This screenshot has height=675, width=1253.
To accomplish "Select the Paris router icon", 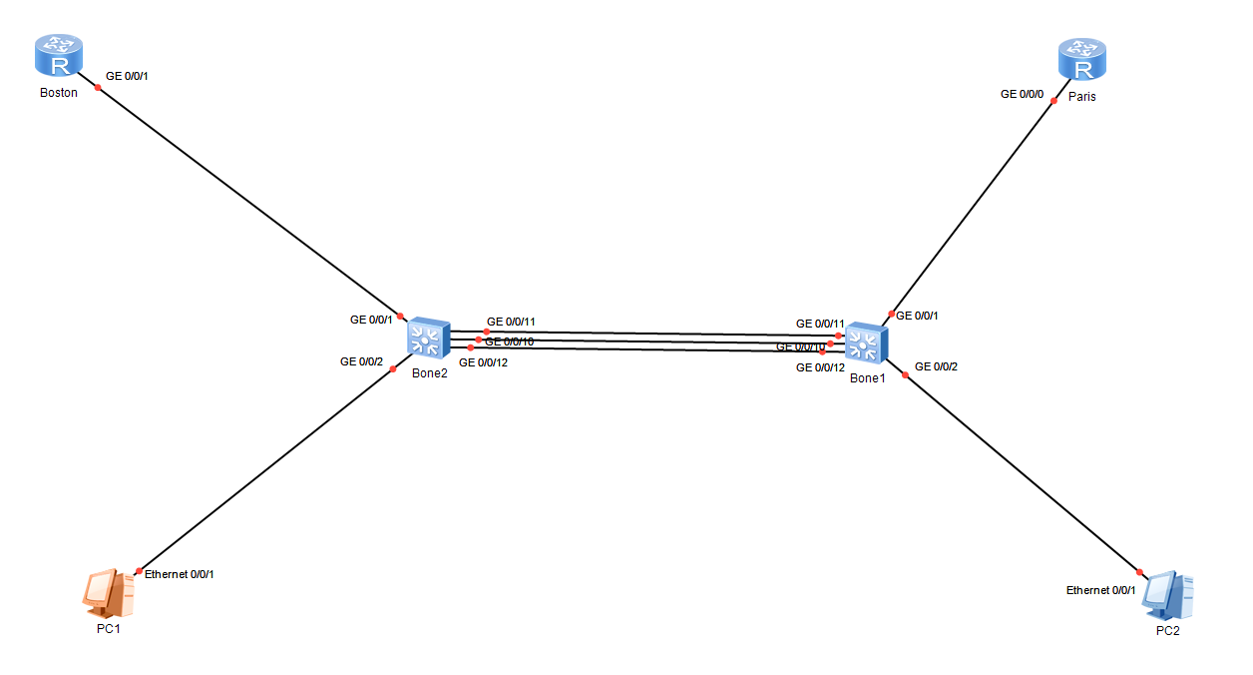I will click(1082, 60).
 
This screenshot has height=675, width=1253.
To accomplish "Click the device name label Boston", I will click(58, 93).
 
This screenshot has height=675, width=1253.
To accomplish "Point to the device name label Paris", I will click(1082, 97).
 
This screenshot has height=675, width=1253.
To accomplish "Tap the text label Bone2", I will click(429, 373).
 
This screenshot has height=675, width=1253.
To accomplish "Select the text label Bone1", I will click(867, 378).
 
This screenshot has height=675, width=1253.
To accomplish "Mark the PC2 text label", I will click(1167, 631).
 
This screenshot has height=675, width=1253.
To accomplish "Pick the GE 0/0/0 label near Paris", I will click(1023, 94).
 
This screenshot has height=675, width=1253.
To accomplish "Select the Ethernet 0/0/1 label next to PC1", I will click(180, 574).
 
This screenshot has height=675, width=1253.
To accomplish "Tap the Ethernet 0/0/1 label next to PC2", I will click(1101, 590).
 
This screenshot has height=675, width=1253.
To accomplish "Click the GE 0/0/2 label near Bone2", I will click(362, 361).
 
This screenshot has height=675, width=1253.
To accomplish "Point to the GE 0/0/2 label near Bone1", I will click(936, 366).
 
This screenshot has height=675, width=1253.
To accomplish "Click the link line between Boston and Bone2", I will click(249, 201).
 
